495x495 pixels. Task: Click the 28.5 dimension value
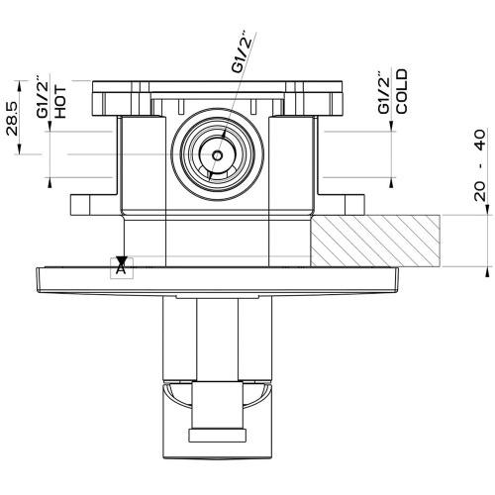[x=13, y=119]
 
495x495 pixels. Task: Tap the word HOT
[x=60, y=103]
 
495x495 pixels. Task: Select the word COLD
[x=402, y=91]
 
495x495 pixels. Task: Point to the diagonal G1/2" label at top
[x=243, y=51]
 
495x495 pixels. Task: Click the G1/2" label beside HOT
[x=43, y=97]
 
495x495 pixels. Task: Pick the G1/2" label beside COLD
[x=384, y=92]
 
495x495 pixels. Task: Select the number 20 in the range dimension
[x=480, y=191]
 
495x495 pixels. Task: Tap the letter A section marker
[x=121, y=269]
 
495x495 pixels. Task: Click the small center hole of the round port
[x=217, y=155]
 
